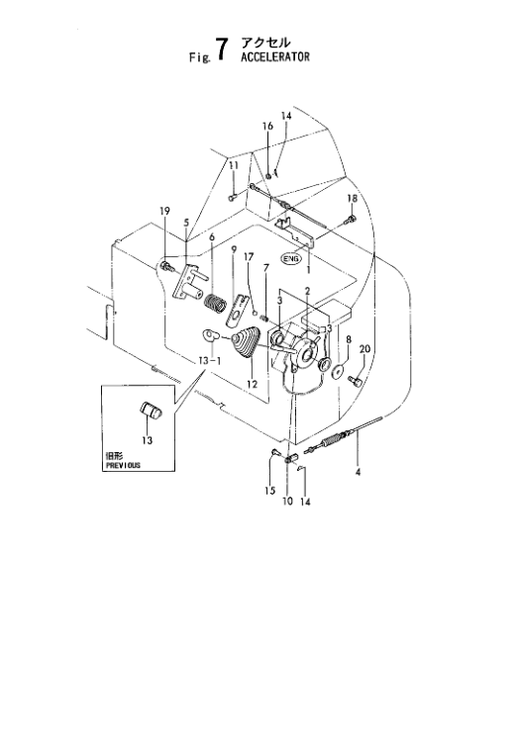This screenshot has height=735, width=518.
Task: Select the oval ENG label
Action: [290, 259]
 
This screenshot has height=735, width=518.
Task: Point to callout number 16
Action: [266, 127]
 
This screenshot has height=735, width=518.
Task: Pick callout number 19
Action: [165, 211]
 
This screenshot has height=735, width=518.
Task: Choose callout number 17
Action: [249, 257]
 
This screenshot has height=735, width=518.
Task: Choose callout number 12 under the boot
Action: [252, 384]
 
